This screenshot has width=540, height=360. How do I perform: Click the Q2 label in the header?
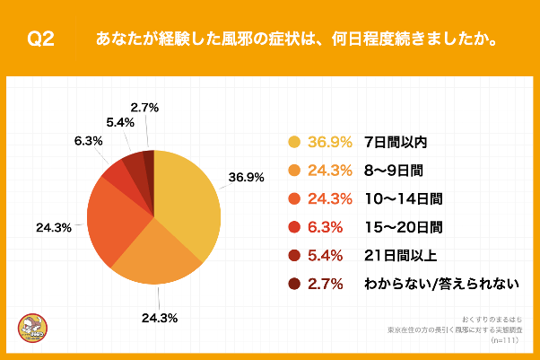[x=41, y=40]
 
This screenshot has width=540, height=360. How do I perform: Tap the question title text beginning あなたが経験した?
[x=297, y=40]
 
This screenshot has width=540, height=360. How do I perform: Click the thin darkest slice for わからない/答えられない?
[x=149, y=157]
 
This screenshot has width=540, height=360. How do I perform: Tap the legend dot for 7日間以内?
[x=293, y=142]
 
